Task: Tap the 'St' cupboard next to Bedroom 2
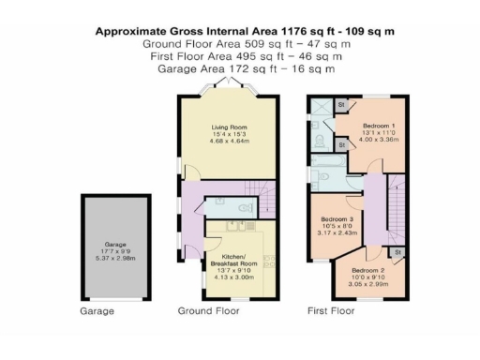pos(397,252)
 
